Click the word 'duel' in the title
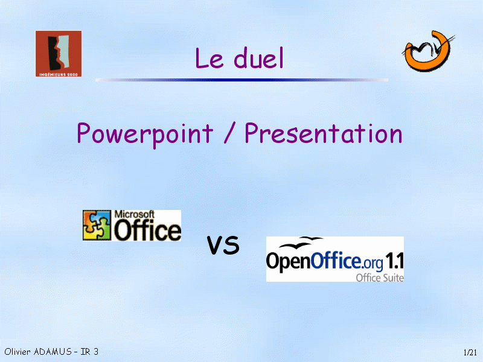click(258, 58)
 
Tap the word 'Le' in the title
click(209, 58)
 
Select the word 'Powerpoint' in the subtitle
click(145, 134)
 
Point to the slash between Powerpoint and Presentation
click(229, 133)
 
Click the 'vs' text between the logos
click(223, 245)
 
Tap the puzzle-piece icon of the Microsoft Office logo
click(97, 225)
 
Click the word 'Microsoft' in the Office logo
click(134, 214)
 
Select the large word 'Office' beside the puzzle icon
click(147, 230)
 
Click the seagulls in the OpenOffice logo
click(301, 243)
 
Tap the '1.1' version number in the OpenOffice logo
click(395, 261)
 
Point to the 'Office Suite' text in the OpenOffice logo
click(380, 278)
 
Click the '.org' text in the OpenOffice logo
click(372, 262)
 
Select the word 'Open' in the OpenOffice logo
click(289, 262)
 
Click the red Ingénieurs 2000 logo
click(59, 54)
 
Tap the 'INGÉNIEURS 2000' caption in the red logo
click(59, 74)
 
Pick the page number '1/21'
click(470, 352)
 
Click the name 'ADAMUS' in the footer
click(53, 352)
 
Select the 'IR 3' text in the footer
click(89, 352)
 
